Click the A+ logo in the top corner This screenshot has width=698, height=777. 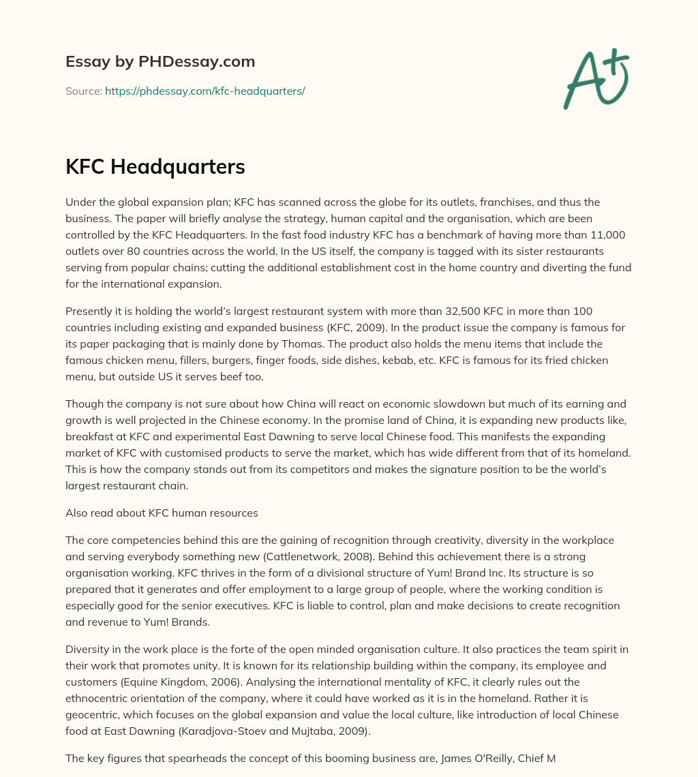pos(596,79)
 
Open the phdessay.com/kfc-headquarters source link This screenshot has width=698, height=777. pos(204,91)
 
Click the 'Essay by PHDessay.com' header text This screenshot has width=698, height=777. pos(160,61)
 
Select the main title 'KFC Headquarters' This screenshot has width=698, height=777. pos(155,166)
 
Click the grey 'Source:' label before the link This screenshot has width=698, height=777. pos(83,91)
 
